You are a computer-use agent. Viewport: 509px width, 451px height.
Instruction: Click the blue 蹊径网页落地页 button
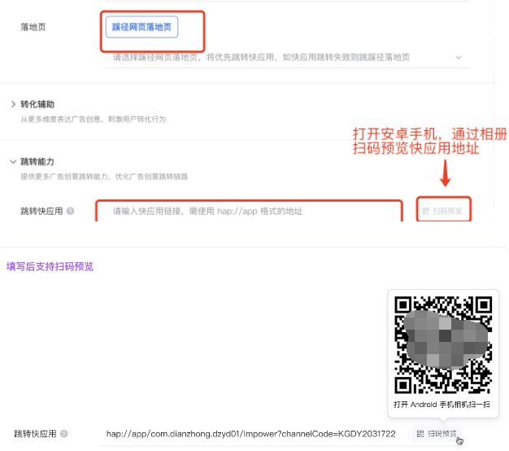(x=141, y=26)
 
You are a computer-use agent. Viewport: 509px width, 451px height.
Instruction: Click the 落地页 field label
(x=33, y=27)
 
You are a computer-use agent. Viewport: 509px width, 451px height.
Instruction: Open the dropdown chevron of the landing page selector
(x=459, y=57)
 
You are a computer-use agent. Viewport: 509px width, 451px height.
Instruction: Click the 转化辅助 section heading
(x=37, y=104)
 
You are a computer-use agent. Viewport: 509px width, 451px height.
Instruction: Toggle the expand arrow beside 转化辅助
(x=13, y=104)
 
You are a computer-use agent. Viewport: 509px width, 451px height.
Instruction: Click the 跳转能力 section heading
(x=37, y=162)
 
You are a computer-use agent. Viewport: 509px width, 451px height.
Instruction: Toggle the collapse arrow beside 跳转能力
(x=13, y=162)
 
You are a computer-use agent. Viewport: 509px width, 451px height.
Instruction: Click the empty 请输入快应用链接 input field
(x=249, y=211)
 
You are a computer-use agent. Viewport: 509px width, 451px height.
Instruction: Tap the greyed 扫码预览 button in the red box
(x=442, y=211)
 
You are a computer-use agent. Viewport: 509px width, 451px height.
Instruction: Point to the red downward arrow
(x=445, y=173)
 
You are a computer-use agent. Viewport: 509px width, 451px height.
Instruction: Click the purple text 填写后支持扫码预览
(x=50, y=266)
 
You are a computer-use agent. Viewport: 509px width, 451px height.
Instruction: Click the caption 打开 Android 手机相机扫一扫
(x=443, y=404)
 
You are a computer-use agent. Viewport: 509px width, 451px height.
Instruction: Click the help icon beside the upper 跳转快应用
(x=70, y=212)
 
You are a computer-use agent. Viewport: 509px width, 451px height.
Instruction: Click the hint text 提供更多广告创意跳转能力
(x=104, y=177)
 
